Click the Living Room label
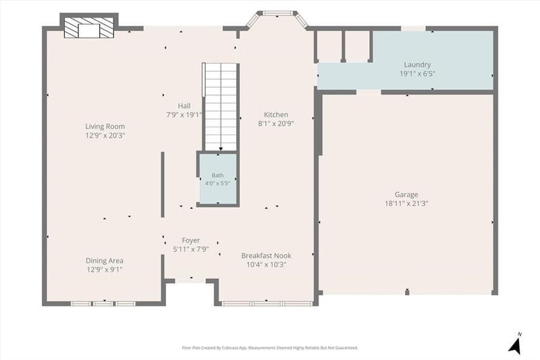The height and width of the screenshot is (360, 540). [105, 126]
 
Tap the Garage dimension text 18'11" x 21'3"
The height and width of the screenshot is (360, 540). [406, 203]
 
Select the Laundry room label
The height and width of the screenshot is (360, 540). [417, 64]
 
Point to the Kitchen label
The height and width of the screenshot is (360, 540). [276, 114]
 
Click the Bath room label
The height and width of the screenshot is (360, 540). [217, 176]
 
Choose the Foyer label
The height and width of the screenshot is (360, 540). [191, 240]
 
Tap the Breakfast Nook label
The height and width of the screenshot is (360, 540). [266, 255]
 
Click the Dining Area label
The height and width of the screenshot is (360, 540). [105, 261]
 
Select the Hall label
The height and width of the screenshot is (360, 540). [184, 106]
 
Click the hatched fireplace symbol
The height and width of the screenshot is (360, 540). [89, 27]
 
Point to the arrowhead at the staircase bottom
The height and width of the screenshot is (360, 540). [221, 149]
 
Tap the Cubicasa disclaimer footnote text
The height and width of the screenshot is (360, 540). [270, 348]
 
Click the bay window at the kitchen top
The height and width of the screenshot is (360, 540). [277, 18]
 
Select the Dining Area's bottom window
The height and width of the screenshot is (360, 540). [103, 303]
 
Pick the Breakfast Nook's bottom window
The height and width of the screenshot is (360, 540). [267, 303]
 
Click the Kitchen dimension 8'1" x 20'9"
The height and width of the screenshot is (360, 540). [276, 124]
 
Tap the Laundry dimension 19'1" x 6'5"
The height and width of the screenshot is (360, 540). [417, 74]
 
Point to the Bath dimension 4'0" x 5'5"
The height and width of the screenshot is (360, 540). [217, 183]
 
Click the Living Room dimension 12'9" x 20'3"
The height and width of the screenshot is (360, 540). [105, 135]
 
